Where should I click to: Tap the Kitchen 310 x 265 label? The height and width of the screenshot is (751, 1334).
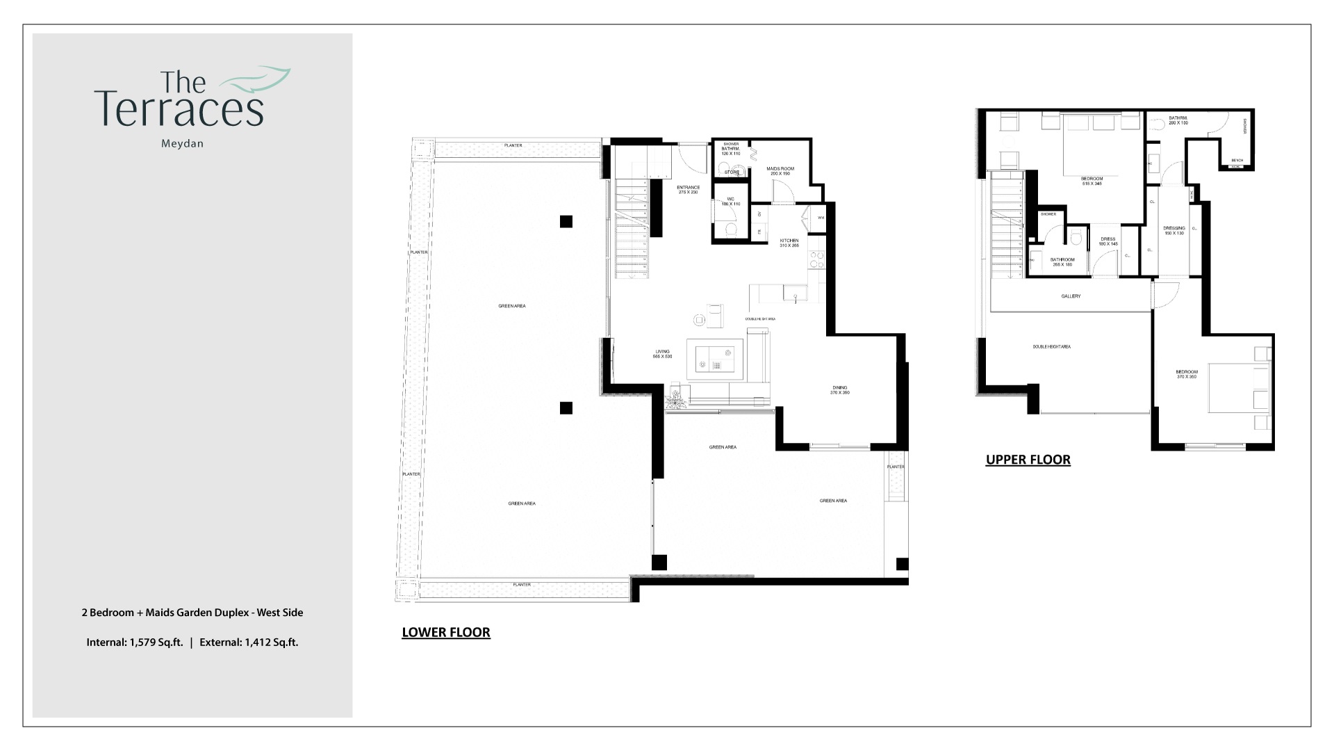[x=789, y=243]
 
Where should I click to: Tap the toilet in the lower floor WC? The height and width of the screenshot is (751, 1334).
[x=730, y=229]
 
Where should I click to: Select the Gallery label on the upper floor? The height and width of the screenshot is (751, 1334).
[x=1070, y=296]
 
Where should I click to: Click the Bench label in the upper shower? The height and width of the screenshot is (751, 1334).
[x=1237, y=159]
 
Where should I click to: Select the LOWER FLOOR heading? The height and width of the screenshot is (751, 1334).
[x=446, y=632]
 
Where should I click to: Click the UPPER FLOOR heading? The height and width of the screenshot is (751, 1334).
[x=1028, y=460]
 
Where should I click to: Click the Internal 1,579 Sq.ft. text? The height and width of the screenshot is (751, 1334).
[x=135, y=643]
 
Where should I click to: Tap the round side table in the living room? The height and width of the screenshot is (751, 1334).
[x=699, y=320]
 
